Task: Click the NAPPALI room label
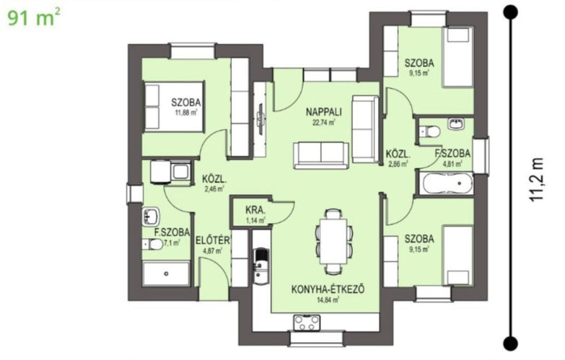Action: pyautogui.click(x=323, y=112)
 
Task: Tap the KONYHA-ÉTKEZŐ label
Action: pyautogui.click(x=328, y=289)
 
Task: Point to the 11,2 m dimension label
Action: pyautogui.click(x=537, y=180)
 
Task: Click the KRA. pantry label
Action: pyautogui.click(x=255, y=210)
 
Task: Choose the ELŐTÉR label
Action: pyautogui.click(x=213, y=240)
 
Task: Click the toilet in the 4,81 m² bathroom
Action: pyautogui.click(x=429, y=131)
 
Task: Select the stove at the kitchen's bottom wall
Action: pyautogui.click(x=307, y=322)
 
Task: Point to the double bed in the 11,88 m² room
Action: pyautogui.click(x=174, y=107)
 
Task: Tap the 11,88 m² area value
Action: pyautogui.click(x=186, y=113)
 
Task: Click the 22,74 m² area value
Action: pyautogui.click(x=323, y=123)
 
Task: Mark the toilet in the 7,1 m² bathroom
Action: pyautogui.click(x=153, y=245)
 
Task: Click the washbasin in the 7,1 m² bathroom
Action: pyautogui.click(x=151, y=217)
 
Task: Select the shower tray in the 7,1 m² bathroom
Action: pyautogui.click(x=166, y=274)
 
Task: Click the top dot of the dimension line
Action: pyautogui.click(x=511, y=12)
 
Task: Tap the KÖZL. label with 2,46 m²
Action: pyautogui.click(x=214, y=179)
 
